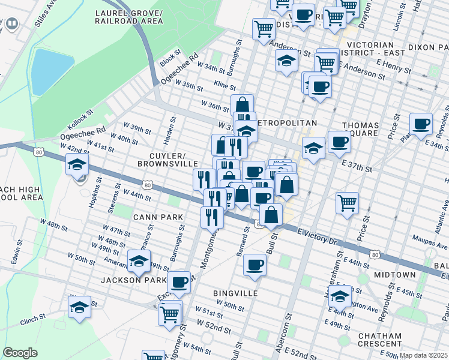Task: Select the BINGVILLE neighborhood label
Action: click(x=235, y=293)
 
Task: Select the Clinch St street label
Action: click(x=33, y=317)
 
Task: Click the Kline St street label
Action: click(x=217, y=86)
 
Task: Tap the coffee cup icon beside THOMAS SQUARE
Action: click(x=340, y=143)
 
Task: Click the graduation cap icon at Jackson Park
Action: click(x=139, y=262)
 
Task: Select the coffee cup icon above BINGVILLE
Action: click(x=255, y=264)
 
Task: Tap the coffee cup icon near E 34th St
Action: click(x=421, y=124)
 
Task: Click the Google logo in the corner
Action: click(x=20, y=353)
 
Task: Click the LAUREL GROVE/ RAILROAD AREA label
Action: click(x=128, y=17)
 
